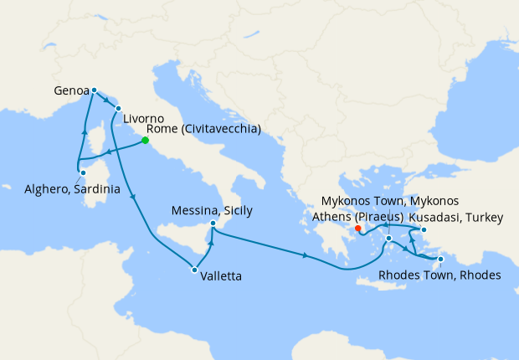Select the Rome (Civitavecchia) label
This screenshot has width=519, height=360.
click(x=204, y=130)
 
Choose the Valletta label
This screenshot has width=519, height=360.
click(x=223, y=273)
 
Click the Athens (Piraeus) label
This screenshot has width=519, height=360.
click(x=366, y=218)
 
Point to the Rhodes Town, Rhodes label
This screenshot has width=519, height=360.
click(x=439, y=275)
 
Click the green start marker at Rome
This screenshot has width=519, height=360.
click(x=145, y=141)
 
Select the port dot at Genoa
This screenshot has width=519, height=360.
click(x=94, y=90)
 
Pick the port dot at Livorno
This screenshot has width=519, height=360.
click(x=118, y=109)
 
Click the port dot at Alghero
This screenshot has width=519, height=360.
click(x=82, y=172)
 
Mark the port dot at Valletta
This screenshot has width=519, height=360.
click(x=194, y=270)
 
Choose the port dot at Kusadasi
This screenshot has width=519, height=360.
click(x=424, y=229)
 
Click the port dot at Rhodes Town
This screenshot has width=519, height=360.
click(x=441, y=260)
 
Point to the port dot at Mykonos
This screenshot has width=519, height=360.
click(x=389, y=239)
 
